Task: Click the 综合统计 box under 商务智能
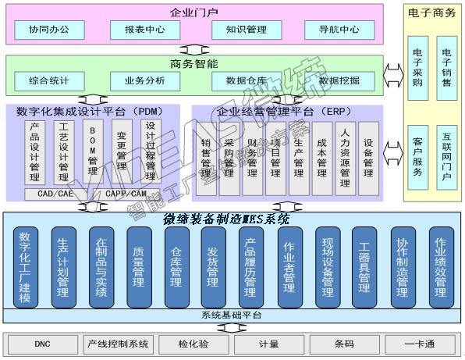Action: [49, 80]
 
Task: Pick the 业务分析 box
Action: [144, 80]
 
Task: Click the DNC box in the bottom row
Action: [42, 344]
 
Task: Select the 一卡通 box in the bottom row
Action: [420, 344]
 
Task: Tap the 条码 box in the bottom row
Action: [344, 344]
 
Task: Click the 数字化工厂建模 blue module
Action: [27, 266]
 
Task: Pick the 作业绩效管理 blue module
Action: [441, 266]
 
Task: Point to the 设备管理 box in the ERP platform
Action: [368, 158]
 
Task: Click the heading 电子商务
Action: [432, 13]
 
